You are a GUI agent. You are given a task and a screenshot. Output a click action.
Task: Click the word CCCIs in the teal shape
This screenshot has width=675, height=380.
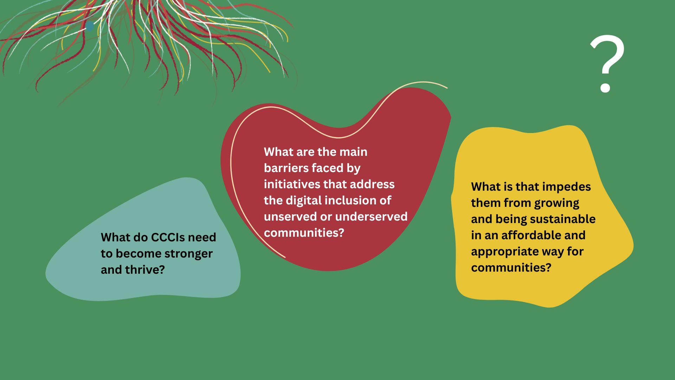click(167, 237)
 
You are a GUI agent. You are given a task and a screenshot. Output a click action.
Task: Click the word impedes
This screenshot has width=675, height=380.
click(567, 187)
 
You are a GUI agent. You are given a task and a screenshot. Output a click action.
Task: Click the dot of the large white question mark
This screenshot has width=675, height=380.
click(605, 87)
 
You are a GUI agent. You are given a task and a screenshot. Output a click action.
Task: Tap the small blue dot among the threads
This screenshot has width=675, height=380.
click(90, 26)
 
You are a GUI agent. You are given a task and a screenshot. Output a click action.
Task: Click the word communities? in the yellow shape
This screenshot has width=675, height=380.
click(511, 267)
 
